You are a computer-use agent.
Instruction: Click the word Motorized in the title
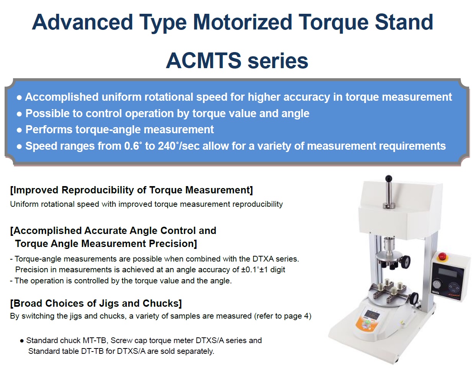(242, 22)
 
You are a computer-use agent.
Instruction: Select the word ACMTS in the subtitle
(203, 61)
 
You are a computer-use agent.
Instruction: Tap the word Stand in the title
(404, 22)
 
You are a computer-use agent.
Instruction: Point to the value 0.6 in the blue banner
(131, 146)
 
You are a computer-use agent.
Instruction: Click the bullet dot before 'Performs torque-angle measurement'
(19, 130)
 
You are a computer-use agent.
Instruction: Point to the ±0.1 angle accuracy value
(249, 270)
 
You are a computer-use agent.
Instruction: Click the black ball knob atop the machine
(389, 178)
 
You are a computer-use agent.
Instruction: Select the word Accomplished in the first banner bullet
(62, 97)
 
